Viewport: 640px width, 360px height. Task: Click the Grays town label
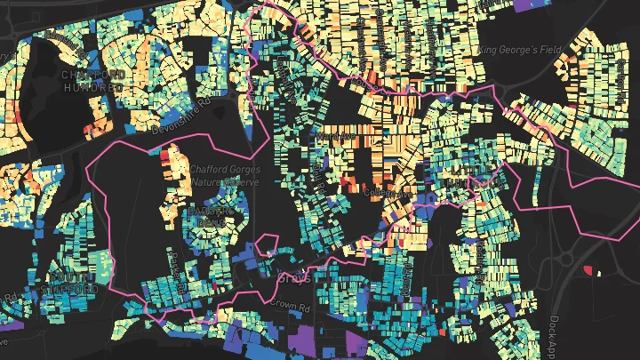click(292, 278)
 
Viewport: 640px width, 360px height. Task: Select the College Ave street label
click(382, 191)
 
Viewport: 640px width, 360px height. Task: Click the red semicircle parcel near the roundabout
click(587, 269)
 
